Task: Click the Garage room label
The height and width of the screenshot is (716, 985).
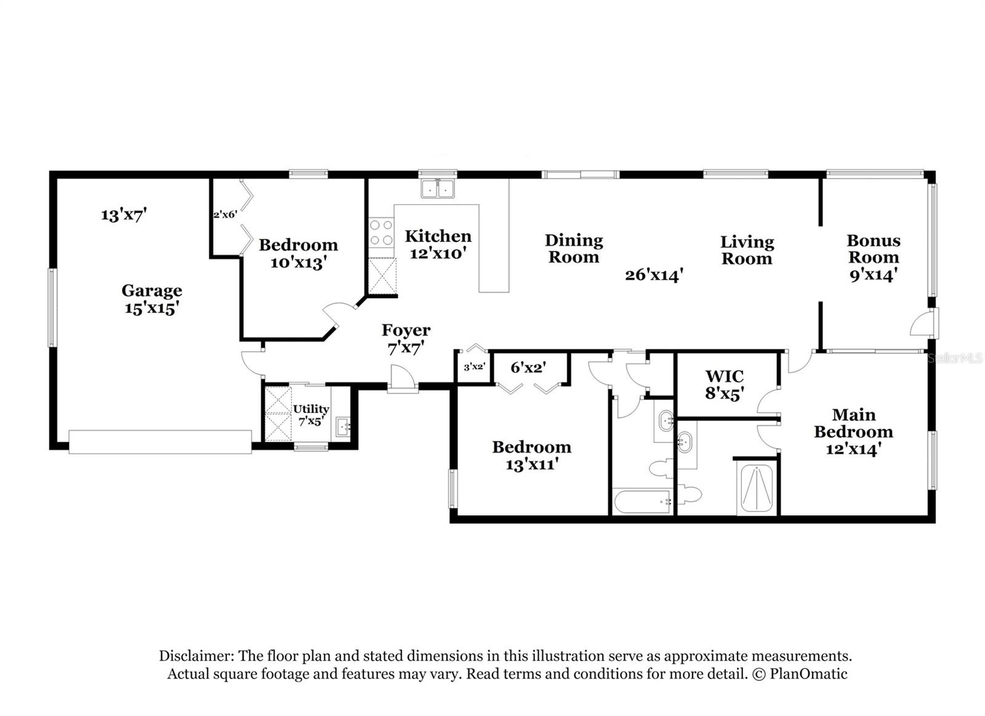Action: tap(151, 299)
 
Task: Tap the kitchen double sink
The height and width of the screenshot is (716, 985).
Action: tap(438, 189)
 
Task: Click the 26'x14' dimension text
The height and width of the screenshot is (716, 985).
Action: tap(654, 275)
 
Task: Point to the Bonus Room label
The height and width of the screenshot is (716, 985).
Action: tap(873, 257)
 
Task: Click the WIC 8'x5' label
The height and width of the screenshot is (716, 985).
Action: tap(725, 385)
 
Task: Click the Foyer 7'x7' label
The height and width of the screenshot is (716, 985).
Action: tap(406, 339)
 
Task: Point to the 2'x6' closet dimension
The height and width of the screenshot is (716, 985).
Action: tap(225, 215)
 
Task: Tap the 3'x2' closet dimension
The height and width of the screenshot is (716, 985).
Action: tap(474, 367)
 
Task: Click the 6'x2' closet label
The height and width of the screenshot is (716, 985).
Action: tap(528, 368)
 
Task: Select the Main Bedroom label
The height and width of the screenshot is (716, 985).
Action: tap(853, 432)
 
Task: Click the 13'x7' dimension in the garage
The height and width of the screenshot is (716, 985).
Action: tap(124, 215)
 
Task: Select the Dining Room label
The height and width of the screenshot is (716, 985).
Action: tap(573, 249)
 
